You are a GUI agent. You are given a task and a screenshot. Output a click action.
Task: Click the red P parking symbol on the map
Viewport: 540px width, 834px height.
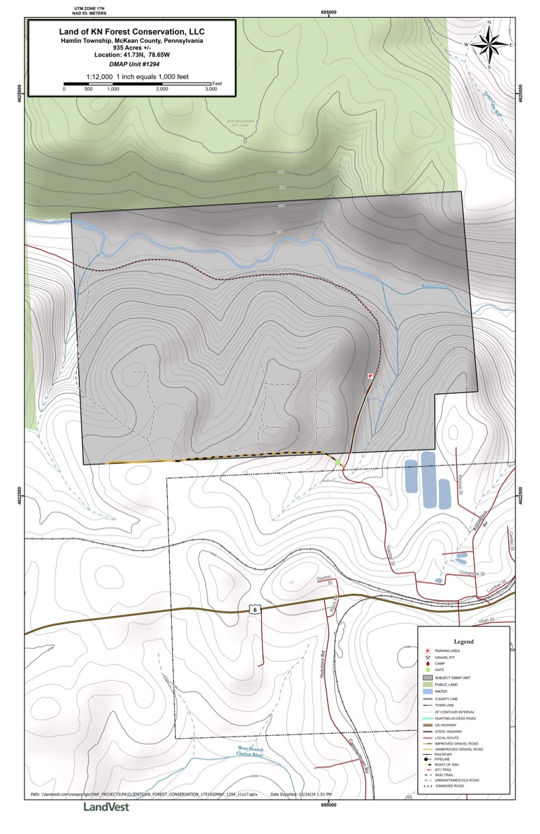(x=371, y=375)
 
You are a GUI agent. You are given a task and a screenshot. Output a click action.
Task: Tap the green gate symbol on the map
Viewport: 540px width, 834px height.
(x=337, y=463)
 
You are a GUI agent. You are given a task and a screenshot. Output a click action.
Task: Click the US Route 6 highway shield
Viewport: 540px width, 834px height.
(x=255, y=611)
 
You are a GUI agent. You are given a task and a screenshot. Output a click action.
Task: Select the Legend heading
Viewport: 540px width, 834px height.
(x=464, y=642)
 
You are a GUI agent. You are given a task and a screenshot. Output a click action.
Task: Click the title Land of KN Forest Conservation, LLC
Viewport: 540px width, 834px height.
(x=132, y=31)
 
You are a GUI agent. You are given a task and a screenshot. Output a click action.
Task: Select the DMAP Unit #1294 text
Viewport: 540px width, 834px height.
(x=132, y=63)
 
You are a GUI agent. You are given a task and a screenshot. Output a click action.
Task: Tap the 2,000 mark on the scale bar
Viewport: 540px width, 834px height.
(x=162, y=89)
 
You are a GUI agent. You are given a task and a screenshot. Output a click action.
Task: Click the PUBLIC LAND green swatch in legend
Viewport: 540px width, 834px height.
(x=428, y=685)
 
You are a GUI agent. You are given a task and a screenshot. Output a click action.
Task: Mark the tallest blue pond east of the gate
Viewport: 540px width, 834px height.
(x=428, y=478)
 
